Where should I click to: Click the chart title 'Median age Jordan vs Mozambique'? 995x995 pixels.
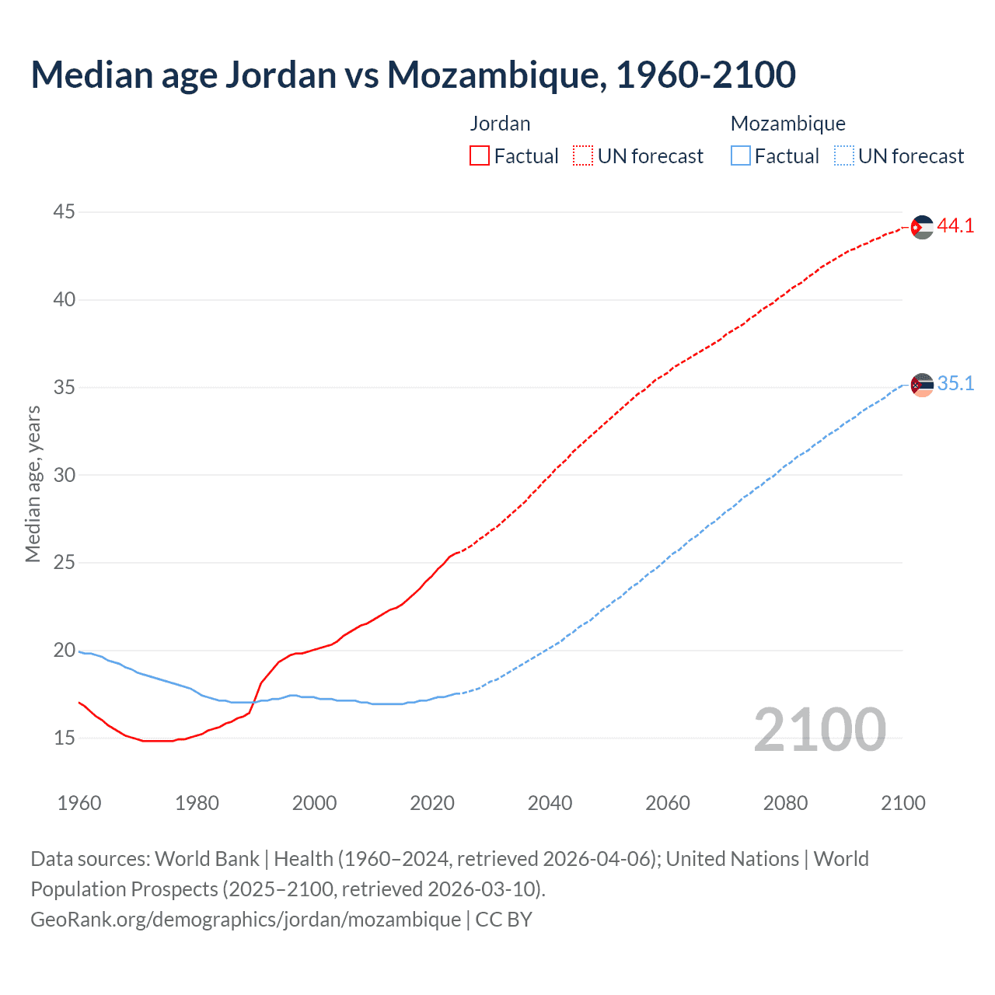point(413,75)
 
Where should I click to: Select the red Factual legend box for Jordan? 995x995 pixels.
point(480,156)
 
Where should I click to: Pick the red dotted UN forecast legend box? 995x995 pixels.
point(583,156)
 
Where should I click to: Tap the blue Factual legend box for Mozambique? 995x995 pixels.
point(740,156)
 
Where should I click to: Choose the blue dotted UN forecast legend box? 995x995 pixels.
point(843,156)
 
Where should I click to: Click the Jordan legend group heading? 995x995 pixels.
point(500,124)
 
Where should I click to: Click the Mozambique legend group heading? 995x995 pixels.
point(787,124)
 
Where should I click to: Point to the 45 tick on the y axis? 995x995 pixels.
point(65,211)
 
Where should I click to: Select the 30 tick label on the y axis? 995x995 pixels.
point(65,475)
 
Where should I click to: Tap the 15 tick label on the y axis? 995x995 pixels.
point(65,738)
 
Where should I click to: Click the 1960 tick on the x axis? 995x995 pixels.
point(79,803)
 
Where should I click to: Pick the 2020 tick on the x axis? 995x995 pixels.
point(432,803)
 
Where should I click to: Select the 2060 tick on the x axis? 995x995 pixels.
point(668,803)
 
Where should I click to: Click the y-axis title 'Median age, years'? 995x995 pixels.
point(33,484)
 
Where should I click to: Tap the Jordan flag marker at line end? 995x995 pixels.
point(922,227)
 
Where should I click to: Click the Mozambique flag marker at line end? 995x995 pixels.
point(922,385)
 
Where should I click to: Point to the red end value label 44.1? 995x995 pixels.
point(955,226)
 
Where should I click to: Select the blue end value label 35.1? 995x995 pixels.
point(955,384)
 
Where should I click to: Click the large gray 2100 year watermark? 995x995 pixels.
point(819,730)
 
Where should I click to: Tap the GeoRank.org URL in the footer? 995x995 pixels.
point(246,920)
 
